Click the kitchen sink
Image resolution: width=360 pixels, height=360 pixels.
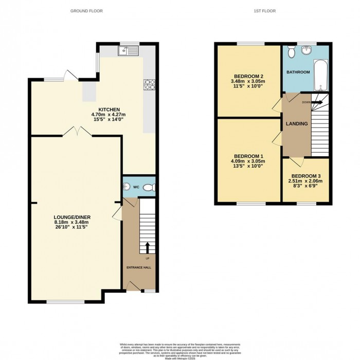click(x=126, y=50)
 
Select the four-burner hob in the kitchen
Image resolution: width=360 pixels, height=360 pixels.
click(x=150, y=85)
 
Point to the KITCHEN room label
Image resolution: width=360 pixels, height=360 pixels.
click(x=105, y=110)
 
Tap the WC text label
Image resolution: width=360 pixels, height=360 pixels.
click(x=137, y=187)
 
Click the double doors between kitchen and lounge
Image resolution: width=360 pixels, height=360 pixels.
click(x=77, y=133)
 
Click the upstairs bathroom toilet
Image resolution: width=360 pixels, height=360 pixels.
click(x=291, y=51)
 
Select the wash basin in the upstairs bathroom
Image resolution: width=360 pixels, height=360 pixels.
click(x=308, y=49)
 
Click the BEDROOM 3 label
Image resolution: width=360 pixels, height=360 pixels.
click(x=305, y=175)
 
